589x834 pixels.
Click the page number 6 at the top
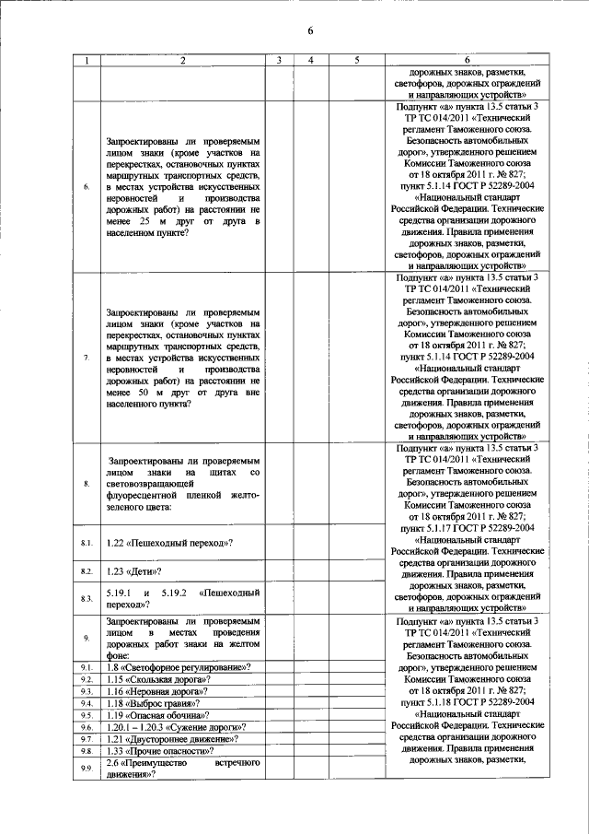coord(311,30)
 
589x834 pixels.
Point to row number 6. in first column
coord(87,188)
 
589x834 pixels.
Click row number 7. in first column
coord(87,358)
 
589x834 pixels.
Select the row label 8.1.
coord(87,544)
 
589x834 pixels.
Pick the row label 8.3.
coord(87,599)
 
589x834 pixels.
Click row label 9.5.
coord(87,714)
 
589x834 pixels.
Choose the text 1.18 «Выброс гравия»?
coord(154,702)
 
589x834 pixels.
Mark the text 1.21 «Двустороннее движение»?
coord(173,738)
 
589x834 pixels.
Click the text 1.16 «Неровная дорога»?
coord(157,690)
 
